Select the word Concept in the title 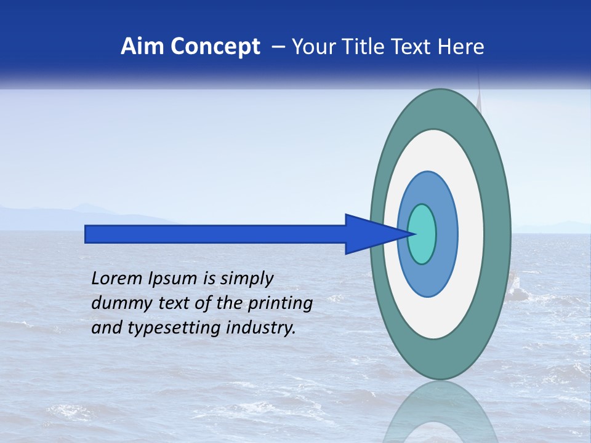point(215,47)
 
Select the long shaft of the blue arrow point(215,234)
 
